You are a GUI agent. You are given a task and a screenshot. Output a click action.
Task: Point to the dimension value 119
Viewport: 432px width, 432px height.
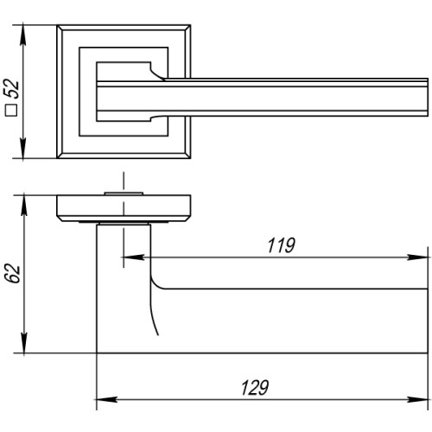point(278,245)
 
